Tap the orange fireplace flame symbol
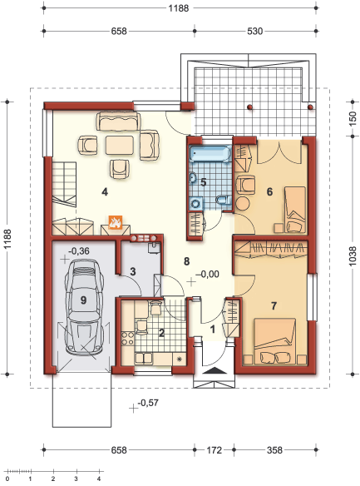[116, 222]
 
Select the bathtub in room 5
[210, 154]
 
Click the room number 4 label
[105, 192]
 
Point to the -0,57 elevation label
[148, 403]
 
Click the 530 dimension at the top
[254, 31]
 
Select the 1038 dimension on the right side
[353, 256]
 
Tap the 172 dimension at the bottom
[214, 449]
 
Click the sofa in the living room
[118, 121]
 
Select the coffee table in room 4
[120, 145]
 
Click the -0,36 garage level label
[79, 251]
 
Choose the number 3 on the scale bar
[76, 479]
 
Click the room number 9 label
[83, 300]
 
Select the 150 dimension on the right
[353, 119]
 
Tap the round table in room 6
[244, 204]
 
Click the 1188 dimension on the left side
[7, 239]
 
